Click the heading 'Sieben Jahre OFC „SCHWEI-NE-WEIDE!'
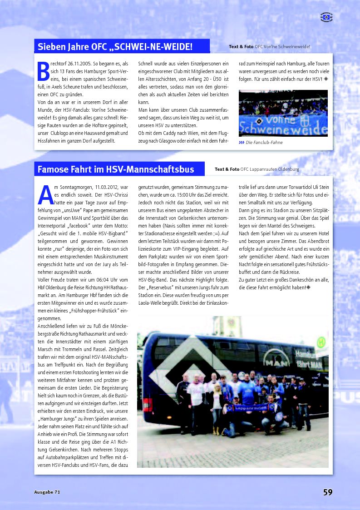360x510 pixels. pos(115,46)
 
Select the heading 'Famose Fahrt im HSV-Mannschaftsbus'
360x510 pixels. pos(115,169)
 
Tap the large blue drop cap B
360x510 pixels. pos(43,72)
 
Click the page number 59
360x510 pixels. pos(328,492)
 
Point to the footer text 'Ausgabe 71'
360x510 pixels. pos(47,492)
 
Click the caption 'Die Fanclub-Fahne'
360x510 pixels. pos(264,142)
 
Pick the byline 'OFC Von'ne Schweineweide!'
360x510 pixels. pos(282,46)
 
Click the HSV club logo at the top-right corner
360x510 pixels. pos(326,17)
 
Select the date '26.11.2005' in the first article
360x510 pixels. pos(78,64)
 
